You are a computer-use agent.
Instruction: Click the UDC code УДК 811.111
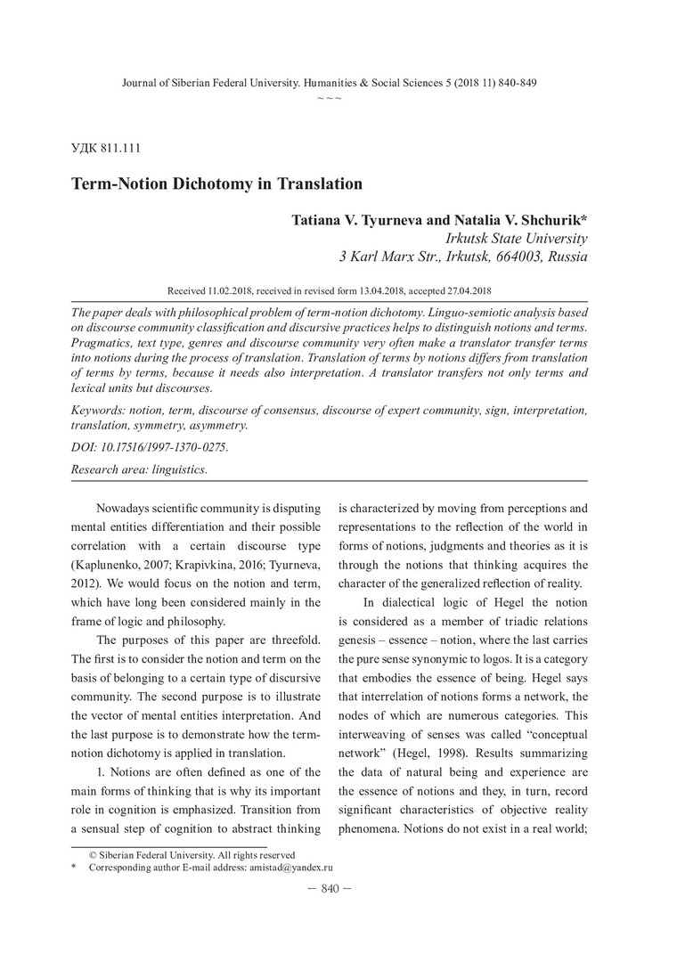coord(105,147)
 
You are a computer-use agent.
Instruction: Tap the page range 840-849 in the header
coord(513,82)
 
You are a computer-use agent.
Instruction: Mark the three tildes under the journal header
coord(329,96)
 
